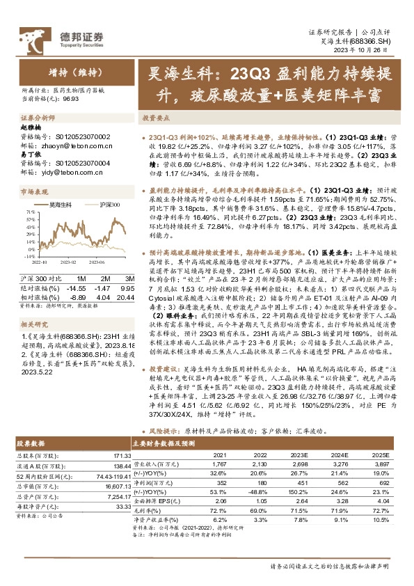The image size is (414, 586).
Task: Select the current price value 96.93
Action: click(70, 100)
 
